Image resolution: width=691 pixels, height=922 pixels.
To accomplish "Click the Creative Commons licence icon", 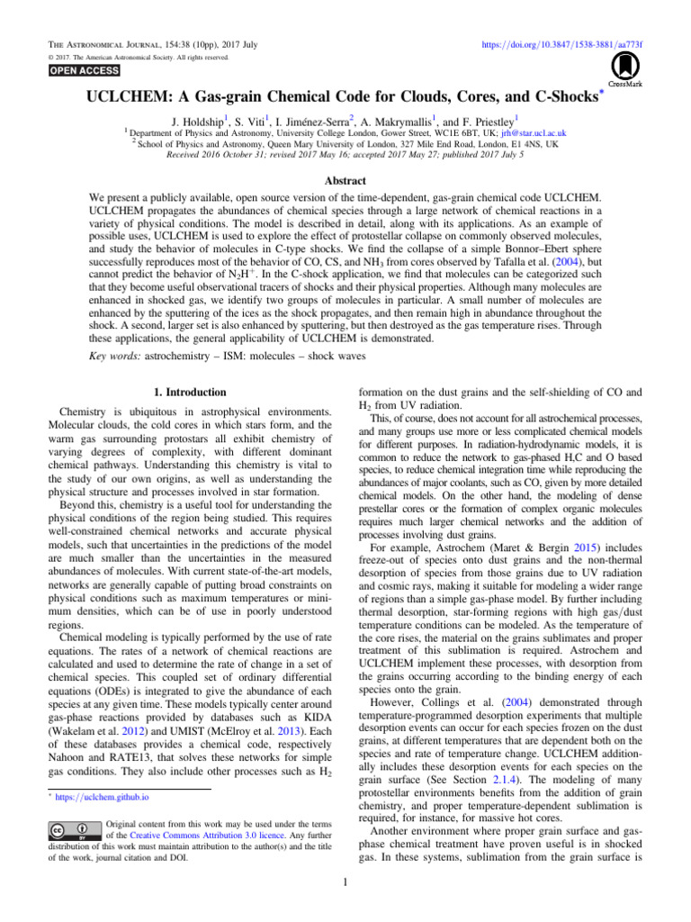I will click(x=74, y=829).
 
